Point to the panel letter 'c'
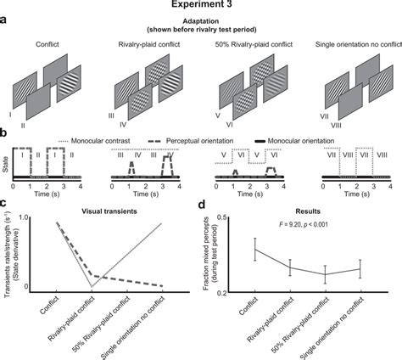pos(7,201)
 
